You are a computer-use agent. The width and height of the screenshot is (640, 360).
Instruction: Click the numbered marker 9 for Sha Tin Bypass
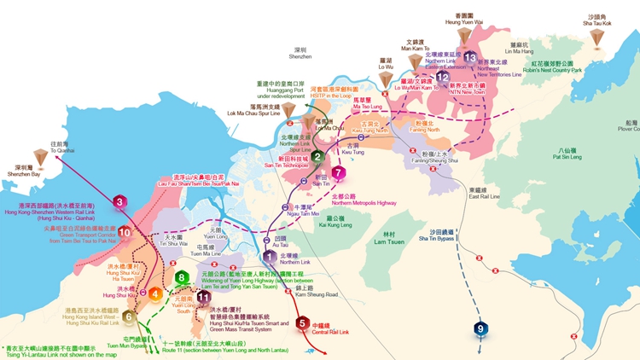coord(481,328)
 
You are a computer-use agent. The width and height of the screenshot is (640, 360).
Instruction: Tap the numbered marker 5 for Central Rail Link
coord(302,323)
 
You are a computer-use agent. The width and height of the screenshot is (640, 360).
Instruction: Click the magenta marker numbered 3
coord(155,294)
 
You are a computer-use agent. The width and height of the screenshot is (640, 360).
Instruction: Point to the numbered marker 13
coord(470,57)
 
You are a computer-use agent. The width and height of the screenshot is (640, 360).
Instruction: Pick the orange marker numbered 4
coord(155,294)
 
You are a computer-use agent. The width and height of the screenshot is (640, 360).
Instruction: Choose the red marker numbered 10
coord(125,231)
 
